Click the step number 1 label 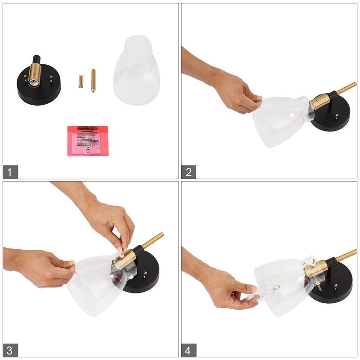point(10,171)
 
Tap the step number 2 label point(189,171)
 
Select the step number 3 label point(10,350)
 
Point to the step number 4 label point(189,350)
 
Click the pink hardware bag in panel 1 point(88,140)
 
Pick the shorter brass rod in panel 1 point(81,82)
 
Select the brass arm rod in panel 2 point(346,89)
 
